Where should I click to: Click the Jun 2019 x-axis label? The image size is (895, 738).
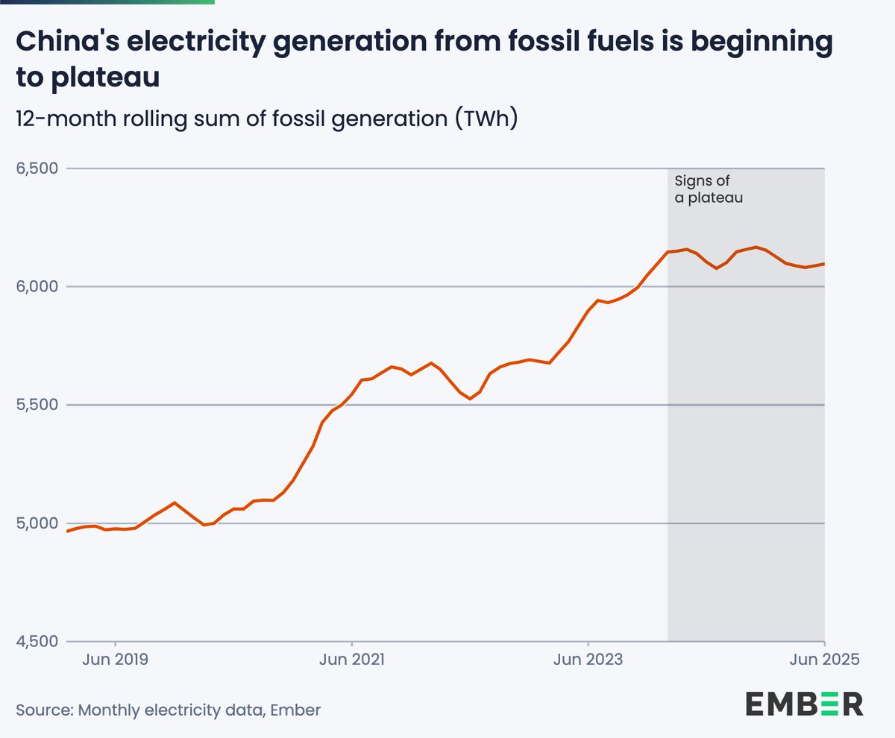click(115, 660)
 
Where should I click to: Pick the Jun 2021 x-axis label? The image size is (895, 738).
click(351, 660)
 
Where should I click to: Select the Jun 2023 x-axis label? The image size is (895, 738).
click(588, 660)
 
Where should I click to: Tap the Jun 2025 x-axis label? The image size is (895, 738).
click(824, 660)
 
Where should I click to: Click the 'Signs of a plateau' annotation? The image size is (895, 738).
click(709, 189)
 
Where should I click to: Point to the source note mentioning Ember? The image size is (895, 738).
click(168, 710)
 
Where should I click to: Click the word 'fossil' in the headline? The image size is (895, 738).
click(534, 44)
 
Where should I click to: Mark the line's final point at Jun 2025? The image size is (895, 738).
click(823, 264)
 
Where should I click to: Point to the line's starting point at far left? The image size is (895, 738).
click(68, 531)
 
